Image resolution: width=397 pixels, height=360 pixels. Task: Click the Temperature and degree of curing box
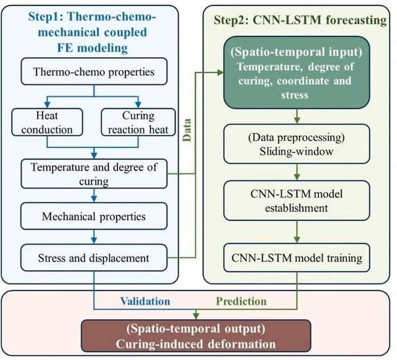click(x=94, y=175)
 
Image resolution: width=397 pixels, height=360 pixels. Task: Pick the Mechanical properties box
click(x=94, y=217)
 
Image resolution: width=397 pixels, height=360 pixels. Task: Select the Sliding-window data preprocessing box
click(x=298, y=144)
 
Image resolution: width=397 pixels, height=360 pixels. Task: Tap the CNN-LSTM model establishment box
click(x=298, y=200)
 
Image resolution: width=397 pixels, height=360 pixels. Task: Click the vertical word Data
click(x=187, y=128)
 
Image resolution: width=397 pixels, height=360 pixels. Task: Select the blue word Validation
click(x=146, y=302)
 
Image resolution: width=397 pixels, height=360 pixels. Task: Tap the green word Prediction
click(x=243, y=302)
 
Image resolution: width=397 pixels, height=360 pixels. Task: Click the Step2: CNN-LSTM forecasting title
click(x=299, y=20)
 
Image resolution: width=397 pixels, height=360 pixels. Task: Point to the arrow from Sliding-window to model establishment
click(x=298, y=171)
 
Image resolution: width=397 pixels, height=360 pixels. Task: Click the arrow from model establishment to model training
click(x=298, y=227)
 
